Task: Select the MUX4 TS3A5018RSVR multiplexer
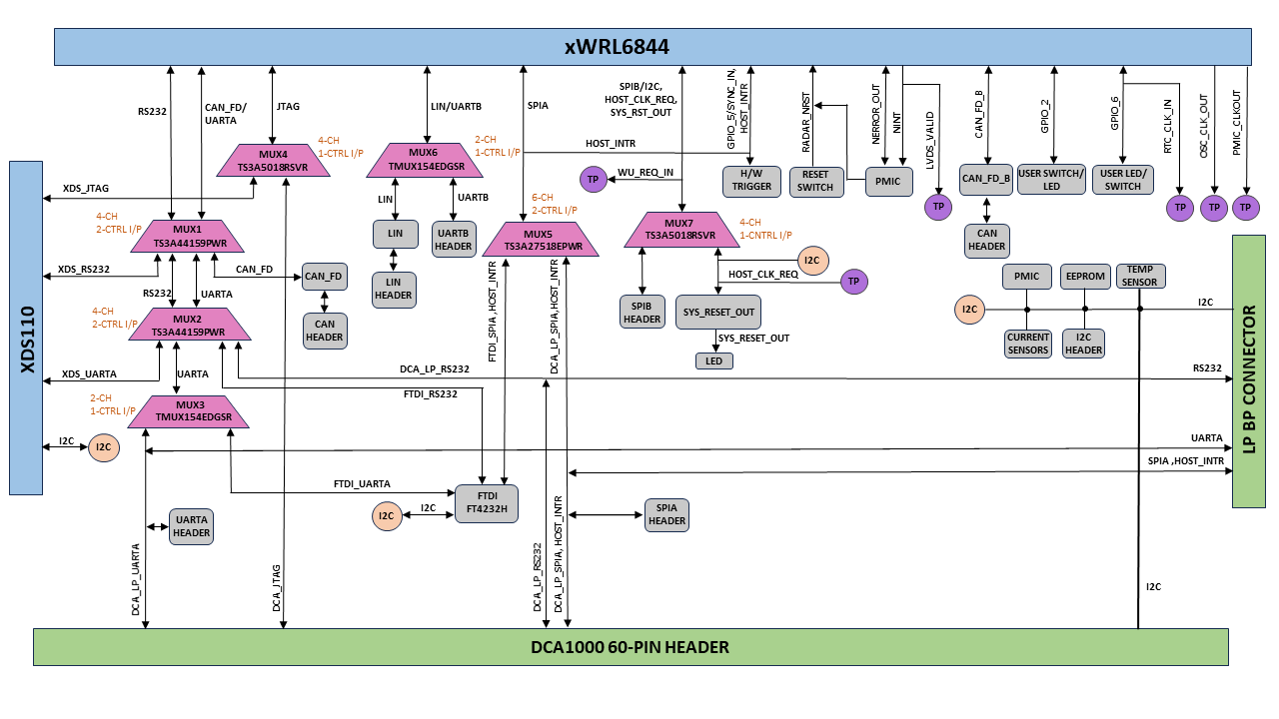273,161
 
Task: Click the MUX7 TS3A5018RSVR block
684,230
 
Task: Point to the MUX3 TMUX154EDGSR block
189,411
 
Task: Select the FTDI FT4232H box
487,501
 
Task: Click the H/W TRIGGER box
751,181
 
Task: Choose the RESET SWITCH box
815,181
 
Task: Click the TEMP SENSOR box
1139,276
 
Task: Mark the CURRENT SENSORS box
1028,344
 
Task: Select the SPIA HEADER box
666,514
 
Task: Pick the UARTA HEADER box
191,526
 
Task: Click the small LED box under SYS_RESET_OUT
713,360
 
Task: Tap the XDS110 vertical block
26,327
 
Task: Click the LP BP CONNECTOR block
1248,371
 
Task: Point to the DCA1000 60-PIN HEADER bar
631,647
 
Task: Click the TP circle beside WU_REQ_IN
593,180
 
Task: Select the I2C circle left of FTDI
386,516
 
